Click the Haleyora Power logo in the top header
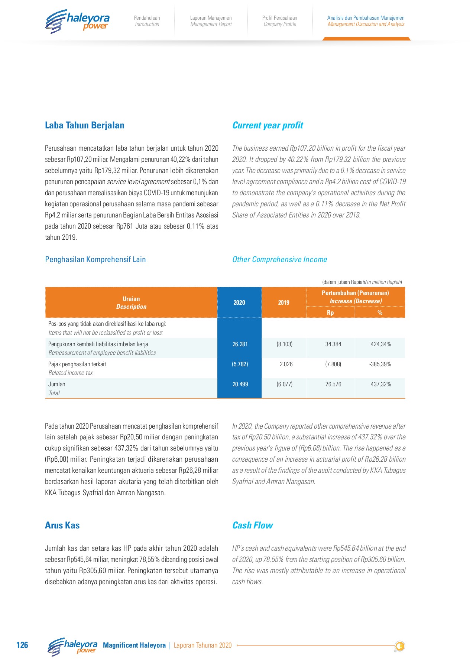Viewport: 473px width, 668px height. point(77,22)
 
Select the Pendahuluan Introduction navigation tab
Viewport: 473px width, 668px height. point(147,21)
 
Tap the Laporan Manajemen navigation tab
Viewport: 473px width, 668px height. point(211,21)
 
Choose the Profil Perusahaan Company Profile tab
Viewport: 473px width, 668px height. point(280,21)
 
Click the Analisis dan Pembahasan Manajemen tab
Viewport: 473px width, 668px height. point(366,21)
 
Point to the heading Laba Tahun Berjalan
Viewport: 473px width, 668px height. point(84,125)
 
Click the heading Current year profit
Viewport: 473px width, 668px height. point(268,125)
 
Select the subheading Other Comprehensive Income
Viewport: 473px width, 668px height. point(279,259)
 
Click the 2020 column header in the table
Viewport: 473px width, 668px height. point(239,302)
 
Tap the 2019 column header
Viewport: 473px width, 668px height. point(284,302)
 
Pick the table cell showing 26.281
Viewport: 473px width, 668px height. point(240,344)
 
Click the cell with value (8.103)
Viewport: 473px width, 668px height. point(284,344)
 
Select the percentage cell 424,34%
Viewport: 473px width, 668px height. point(380,344)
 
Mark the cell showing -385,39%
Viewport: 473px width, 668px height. point(380,364)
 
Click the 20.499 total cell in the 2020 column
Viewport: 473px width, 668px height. point(240,384)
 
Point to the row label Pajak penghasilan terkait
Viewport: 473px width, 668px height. point(77,364)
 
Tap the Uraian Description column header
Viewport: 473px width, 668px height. point(131,303)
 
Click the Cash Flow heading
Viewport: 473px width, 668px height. point(252,525)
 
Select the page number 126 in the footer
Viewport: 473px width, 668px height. point(22,645)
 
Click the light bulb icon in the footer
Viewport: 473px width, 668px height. point(400,646)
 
